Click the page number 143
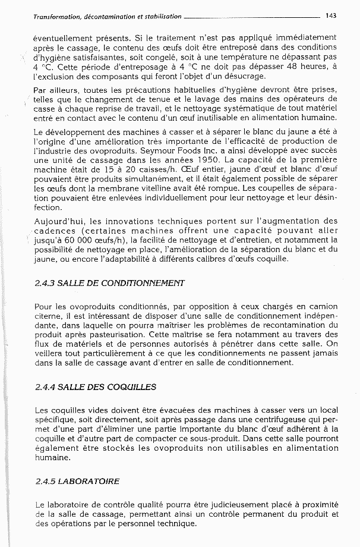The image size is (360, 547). [x=330, y=16]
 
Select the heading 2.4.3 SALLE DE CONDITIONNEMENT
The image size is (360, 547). [x=110, y=282]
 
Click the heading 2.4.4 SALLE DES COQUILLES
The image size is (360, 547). [x=96, y=387]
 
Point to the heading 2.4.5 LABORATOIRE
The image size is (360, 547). [x=77, y=481]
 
